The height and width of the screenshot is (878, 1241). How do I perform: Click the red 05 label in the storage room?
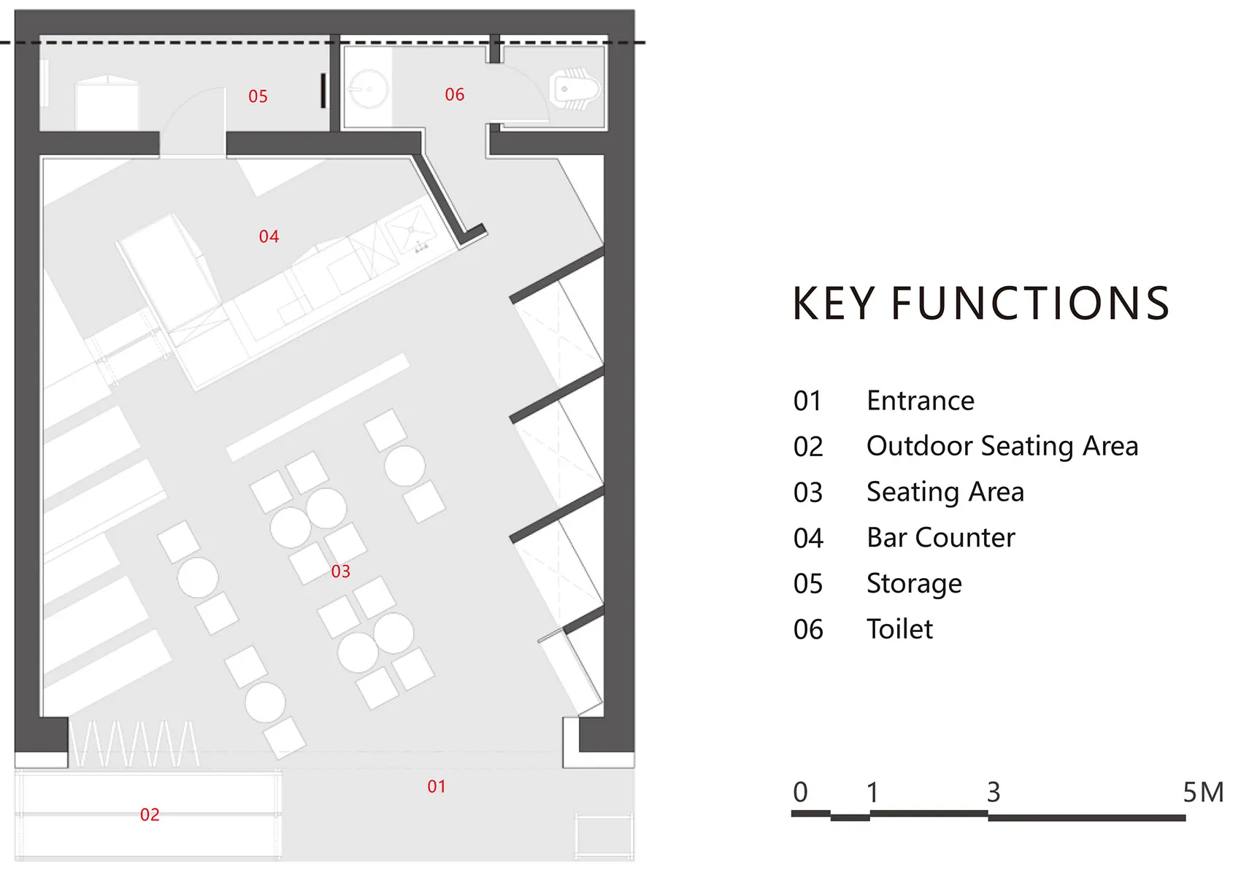pos(258,96)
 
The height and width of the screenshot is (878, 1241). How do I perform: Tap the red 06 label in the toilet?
pos(454,95)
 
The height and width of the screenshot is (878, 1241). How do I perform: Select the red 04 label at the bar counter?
pos(269,236)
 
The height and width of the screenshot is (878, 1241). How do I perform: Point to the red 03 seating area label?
pos(341,571)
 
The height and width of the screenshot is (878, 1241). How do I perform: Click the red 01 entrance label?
pos(437,786)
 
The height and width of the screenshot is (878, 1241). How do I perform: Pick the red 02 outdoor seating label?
pos(150,815)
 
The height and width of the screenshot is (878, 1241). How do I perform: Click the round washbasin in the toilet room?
pos(368,88)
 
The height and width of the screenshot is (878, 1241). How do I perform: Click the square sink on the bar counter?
pos(411,228)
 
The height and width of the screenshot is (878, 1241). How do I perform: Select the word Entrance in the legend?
pos(921,401)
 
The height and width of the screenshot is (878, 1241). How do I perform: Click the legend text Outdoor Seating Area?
pos(1002,447)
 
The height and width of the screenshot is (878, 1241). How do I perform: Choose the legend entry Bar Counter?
pos(941,537)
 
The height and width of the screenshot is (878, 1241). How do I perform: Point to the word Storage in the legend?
pos(914,584)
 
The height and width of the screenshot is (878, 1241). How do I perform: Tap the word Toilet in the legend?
pos(899,629)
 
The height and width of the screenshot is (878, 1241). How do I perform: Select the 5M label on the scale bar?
pos(1203,792)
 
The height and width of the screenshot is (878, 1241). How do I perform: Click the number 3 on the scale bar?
pos(994,792)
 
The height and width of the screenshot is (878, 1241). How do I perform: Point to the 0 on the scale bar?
pos(800,792)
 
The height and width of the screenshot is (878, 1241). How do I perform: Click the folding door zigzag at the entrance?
pos(134,744)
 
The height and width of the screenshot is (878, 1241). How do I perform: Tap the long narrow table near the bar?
pos(318,407)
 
